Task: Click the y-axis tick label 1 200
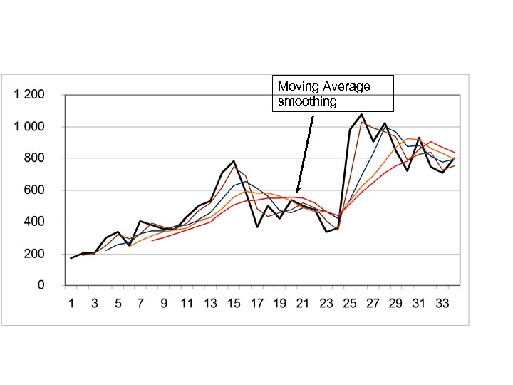29,95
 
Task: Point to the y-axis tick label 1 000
29,127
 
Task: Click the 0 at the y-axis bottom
41,285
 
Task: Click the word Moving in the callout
299,86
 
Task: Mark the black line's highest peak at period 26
361,114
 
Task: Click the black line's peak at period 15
234,161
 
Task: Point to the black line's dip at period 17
256,227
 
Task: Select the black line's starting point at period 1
71,258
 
